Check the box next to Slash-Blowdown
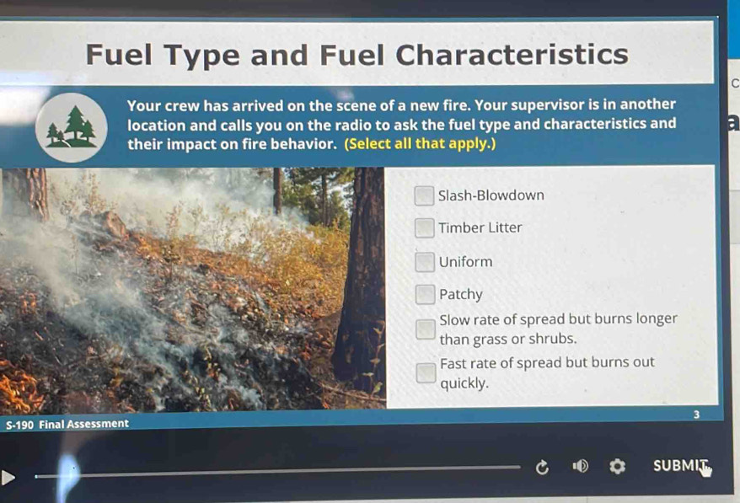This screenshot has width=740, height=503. [425, 196]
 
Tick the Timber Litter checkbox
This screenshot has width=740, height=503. [425, 228]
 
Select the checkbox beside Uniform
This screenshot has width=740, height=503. [425, 262]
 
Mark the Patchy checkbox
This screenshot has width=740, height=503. [426, 295]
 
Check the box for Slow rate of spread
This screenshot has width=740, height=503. [426, 329]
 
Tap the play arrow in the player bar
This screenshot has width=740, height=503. [9, 478]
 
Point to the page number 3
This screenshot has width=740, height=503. [696, 415]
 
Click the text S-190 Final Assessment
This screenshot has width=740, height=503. [67, 424]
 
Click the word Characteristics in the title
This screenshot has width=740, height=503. [512, 55]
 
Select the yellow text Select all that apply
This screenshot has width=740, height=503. [421, 143]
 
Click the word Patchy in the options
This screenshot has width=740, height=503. [461, 295]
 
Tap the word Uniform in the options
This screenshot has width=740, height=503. [465, 262]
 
